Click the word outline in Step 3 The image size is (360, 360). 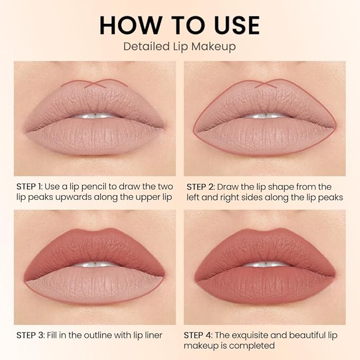coord(104,335)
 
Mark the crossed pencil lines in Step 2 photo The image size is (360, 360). coord(265,84)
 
